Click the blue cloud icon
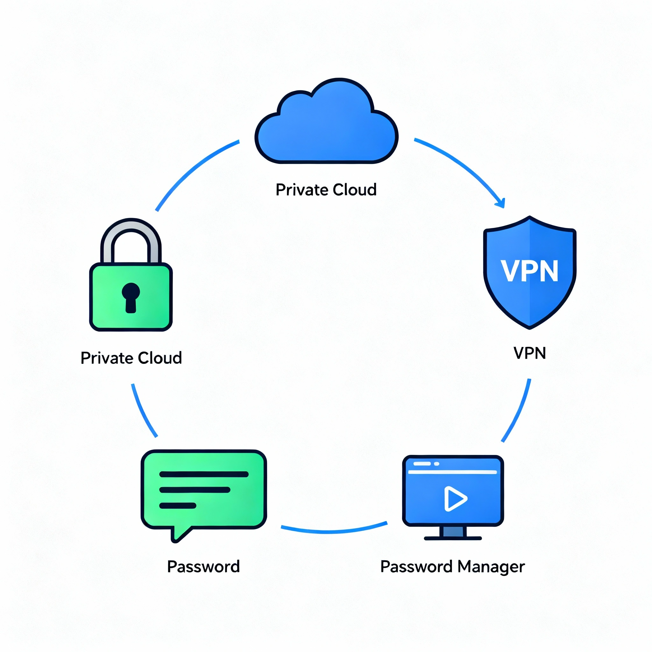coord(326,128)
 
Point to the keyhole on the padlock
coord(131,297)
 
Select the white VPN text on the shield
coord(529,271)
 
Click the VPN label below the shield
coord(529,353)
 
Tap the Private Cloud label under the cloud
coord(326,190)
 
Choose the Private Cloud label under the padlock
coord(131,358)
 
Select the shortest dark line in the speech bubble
coord(178,506)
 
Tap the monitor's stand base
coord(453,538)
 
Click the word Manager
coord(491,567)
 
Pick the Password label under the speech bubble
coord(203,567)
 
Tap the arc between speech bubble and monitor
coord(334,532)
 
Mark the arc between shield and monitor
coord(518,412)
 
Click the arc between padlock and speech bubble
coord(143,412)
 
